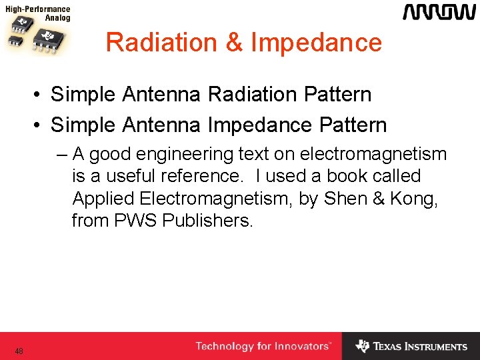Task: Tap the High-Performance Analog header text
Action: (x=38, y=14)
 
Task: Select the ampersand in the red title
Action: (x=234, y=43)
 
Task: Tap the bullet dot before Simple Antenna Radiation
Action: (x=41, y=95)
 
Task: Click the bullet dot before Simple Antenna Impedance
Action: (x=41, y=125)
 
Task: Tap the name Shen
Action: (x=342, y=199)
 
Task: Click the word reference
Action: (x=201, y=177)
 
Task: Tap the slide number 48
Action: (x=19, y=351)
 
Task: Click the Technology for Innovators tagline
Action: (x=263, y=346)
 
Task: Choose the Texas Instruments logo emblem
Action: (x=362, y=346)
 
